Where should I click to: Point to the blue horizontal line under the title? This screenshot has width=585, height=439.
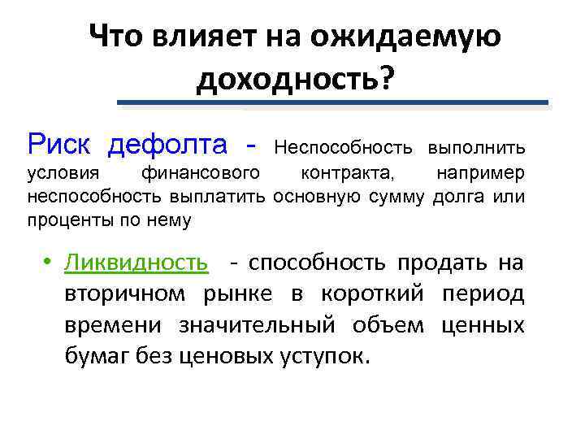coord(333,102)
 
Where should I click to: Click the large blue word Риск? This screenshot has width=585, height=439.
coord(61,145)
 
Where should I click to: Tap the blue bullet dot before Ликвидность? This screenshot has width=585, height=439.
coord(49,263)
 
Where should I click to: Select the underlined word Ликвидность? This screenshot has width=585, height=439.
coord(136,263)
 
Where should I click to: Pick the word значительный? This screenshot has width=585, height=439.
coord(259,325)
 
